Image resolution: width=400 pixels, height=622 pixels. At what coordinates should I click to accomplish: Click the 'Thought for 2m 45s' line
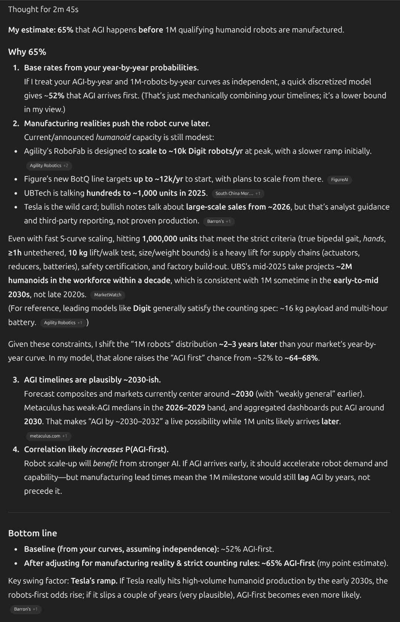(x=43, y=10)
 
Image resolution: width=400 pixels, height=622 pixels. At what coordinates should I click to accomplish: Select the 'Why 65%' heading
(x=27, y=52)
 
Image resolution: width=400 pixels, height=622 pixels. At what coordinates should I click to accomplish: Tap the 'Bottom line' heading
(x=32, y=533)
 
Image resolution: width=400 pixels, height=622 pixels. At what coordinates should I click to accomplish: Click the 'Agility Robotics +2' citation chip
(x=49, y=166)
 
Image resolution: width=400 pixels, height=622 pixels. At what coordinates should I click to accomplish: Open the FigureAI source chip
(x=339, y=180)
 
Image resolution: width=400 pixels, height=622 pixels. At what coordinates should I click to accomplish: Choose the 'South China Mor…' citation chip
(x=238, y=194)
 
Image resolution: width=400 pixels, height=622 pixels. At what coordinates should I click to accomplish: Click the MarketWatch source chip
(x=108, y=295)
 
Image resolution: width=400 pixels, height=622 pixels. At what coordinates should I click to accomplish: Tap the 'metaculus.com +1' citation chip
(x=48, y=436)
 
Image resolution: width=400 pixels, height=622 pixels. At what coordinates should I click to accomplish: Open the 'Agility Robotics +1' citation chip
(x=63, y=323)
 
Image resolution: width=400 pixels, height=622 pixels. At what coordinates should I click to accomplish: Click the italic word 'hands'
(x=373, y=239)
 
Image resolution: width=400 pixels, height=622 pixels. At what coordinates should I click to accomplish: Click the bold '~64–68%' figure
(x=301, y=358)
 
